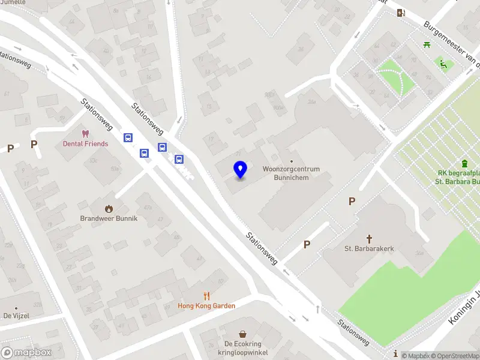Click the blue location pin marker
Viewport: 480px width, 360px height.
click(241, 170)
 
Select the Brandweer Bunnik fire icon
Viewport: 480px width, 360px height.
click(109, 208)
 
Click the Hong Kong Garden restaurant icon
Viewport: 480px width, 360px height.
click(206, 296)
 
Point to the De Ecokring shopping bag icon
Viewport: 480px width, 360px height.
click(242, 334)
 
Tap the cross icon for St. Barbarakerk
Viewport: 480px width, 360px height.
click(369, 238)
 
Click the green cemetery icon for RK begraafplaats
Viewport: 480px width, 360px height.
click(464, 164)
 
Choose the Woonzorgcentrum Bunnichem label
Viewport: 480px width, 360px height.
click(291, 173)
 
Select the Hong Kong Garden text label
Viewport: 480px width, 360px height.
click(206, 306)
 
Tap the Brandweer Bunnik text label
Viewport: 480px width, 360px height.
click(109, 218)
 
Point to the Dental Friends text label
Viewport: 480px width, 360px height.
click(86, 144)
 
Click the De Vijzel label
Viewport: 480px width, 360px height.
click(16, 316)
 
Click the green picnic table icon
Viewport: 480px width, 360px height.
click(427, 44)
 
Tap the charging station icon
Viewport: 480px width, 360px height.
click(401, 13)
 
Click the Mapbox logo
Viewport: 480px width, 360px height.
click(26, 352)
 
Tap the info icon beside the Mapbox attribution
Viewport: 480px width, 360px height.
click(395, 355)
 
